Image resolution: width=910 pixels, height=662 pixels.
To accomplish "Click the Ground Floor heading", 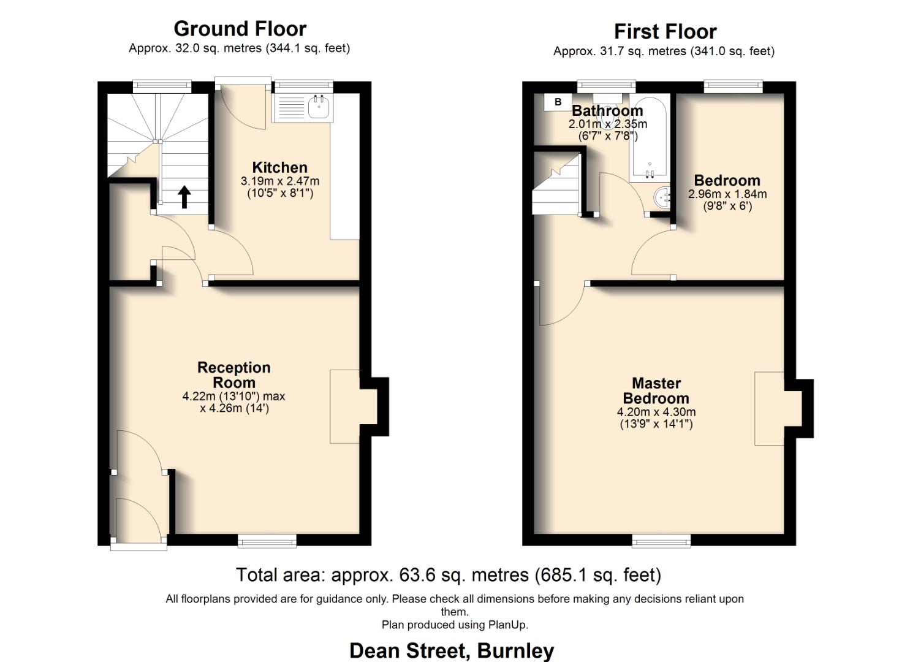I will click(240, 29).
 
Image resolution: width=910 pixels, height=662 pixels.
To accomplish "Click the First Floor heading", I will click(665, 31).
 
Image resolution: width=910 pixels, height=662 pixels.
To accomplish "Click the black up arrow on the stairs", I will click(184, 197).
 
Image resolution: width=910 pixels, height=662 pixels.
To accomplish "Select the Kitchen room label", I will click(279, 167).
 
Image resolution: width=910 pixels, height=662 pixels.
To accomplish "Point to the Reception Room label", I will click(233, 375).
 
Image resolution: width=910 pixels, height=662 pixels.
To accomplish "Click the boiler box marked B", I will click(558, 102).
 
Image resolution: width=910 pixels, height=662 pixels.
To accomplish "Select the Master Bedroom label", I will click(656, 390).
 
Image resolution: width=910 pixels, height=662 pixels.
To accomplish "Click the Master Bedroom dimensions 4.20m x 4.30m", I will click(656, 412).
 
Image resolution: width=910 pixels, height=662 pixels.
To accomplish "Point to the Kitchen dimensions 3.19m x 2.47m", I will click(279, 181).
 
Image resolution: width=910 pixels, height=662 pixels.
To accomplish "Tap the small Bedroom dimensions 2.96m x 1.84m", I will click(727, 194).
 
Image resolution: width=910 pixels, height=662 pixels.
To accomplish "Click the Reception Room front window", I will click(267, 540).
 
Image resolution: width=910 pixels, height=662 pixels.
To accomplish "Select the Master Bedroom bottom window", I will click(661, 540).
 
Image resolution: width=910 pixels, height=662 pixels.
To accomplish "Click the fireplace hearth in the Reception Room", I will click(344, 406).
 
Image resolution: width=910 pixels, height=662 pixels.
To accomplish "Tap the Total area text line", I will click(449, 575).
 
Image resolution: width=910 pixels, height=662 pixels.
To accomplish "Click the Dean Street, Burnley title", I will click(452, 650).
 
